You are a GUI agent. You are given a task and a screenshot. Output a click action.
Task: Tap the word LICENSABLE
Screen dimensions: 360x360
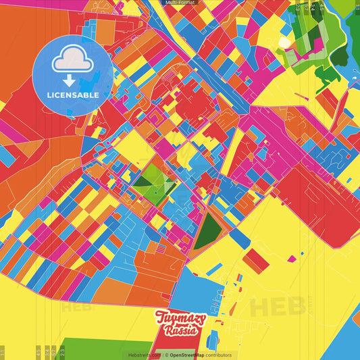(72, 95)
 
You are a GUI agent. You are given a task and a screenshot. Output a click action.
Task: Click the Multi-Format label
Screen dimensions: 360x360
(180, 3)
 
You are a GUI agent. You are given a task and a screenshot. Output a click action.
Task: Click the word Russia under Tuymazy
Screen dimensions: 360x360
(180, 331)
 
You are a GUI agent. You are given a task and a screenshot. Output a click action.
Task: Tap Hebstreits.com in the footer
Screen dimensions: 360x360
(144, 355)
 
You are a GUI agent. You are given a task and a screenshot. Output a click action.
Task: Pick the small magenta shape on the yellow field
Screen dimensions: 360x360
(291, 259)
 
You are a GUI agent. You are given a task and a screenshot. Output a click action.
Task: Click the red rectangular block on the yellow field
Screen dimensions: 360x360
(255, 261)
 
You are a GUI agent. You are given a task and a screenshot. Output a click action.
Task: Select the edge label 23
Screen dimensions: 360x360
(62, 351)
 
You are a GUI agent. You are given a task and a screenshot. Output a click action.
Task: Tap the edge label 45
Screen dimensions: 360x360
(37, 351)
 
